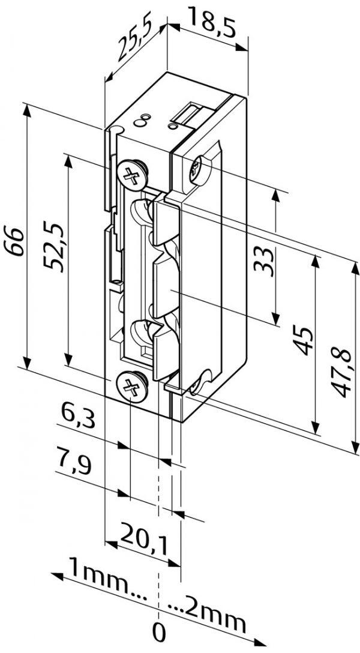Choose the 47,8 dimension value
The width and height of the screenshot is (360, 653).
tap(342, 372)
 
